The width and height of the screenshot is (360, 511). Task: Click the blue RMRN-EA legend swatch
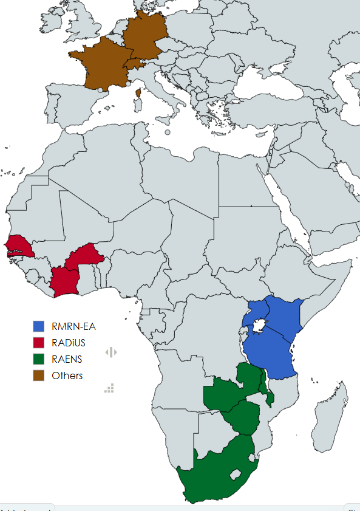(39, 326)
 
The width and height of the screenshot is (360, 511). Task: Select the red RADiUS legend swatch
(39, 343)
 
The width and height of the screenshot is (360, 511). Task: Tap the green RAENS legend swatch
(39, 359)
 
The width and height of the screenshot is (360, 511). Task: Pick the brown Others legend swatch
(39, 376)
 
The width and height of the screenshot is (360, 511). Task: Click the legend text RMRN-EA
(73, 326)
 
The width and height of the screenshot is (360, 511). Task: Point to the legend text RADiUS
(69, 343)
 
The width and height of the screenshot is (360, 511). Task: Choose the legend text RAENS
(67, 359)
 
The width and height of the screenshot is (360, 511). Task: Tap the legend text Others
(67, 376)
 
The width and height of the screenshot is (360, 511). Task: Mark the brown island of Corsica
(138, 94)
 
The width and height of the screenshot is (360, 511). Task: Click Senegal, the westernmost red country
(18, 246)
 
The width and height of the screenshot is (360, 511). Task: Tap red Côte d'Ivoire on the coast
(64, 281)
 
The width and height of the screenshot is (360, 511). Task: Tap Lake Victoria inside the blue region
(259, 328)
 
